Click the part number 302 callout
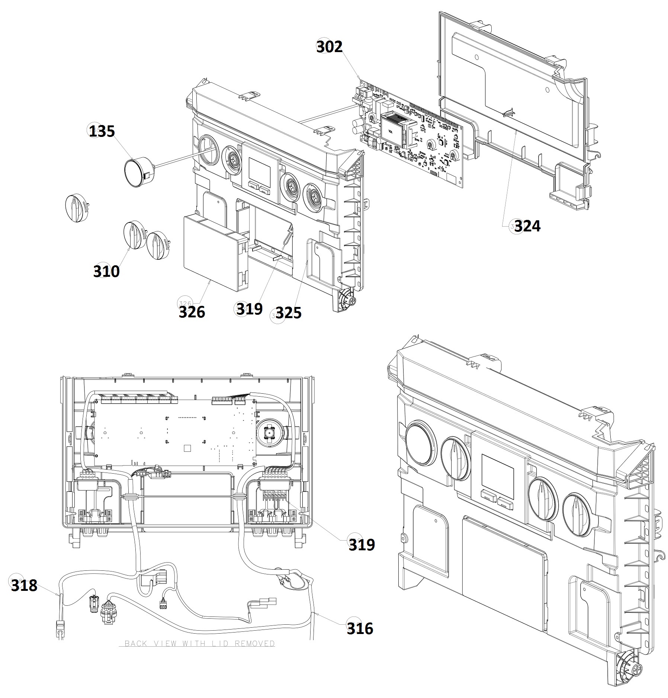(329, 47)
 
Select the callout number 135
(102, 132)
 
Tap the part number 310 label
(106, 271)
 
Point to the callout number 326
(192, 312)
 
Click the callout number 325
(288, 313)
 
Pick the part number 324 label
(527, 226)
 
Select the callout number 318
(24, 585)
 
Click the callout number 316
(360, 629)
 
